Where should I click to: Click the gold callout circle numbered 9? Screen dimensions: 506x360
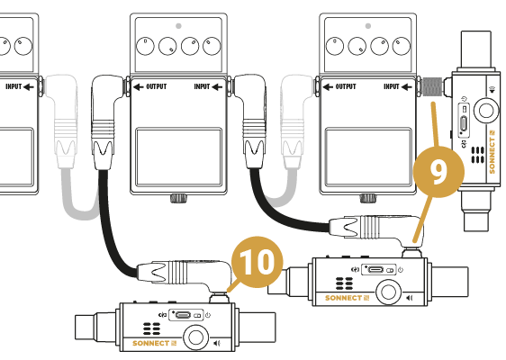[x=438, y=172]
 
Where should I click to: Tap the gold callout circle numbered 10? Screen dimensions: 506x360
[x=258, y=262]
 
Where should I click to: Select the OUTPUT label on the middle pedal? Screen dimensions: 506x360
[x=150, y=86]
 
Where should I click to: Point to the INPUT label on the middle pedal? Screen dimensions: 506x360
[x=208, y=86]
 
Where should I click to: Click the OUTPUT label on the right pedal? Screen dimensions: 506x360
[x=339, y=86]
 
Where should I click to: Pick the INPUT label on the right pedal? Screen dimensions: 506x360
[x=398, y=86]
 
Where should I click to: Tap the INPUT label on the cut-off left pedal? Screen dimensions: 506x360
[x=20, y=86]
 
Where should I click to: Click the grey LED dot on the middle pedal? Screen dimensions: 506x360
[x=178, y=26]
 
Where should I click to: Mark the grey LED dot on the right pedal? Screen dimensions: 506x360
[x=368, y=26]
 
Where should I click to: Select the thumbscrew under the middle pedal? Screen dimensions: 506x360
[x=179, y=198]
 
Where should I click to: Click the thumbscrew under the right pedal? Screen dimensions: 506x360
[x=368, y=198]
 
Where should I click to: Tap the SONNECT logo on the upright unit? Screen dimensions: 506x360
[x=492, y=151]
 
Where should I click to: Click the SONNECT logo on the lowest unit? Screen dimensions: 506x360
[x=154, y=343]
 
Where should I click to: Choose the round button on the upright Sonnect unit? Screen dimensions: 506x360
[x=485, y=111]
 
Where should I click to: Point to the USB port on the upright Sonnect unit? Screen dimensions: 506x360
[x=464, y=123]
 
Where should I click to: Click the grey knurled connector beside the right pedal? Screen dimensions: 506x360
[x=432, y=86]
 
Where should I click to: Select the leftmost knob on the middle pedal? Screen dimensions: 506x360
[x=145, y=46]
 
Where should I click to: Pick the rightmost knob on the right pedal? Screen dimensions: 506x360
[x=402, y=46]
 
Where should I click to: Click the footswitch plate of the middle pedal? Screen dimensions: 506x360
[x=179, y=157]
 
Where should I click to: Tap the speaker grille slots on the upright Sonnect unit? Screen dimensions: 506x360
[x=477, y=155]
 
